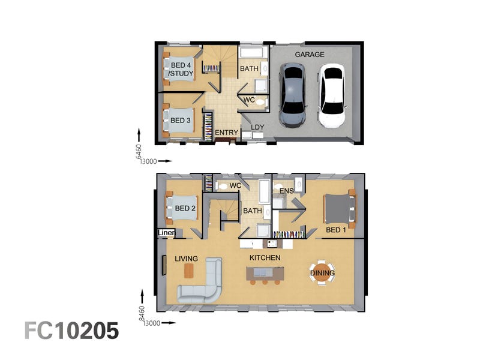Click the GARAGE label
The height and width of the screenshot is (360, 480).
coord(310,55)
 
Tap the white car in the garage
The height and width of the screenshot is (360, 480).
coord(332,95)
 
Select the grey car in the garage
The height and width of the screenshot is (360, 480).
coord(293,95)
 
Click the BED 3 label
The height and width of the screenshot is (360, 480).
coord(181,121)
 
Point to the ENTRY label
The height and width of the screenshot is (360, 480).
coord(227,133)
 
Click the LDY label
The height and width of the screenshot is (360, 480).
coord(257,127)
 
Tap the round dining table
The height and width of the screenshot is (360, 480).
coord(322,273)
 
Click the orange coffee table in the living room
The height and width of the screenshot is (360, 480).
coord(189,271)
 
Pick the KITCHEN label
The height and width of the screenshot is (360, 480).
coord(265,258)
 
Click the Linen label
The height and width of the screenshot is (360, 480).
coord(166,233)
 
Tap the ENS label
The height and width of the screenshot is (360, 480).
coord(287,191)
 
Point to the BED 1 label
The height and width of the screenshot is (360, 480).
coord(336,230)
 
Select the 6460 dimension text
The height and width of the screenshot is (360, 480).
coord(139,152)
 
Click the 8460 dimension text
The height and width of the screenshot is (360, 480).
coord(142,313)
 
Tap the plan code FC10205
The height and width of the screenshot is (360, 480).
coord(71,331)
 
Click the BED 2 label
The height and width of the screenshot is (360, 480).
coord(185,208)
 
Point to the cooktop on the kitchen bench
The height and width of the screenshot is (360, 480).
coord(272,244)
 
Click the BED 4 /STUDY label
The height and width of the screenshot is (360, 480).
coord(181,69)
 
